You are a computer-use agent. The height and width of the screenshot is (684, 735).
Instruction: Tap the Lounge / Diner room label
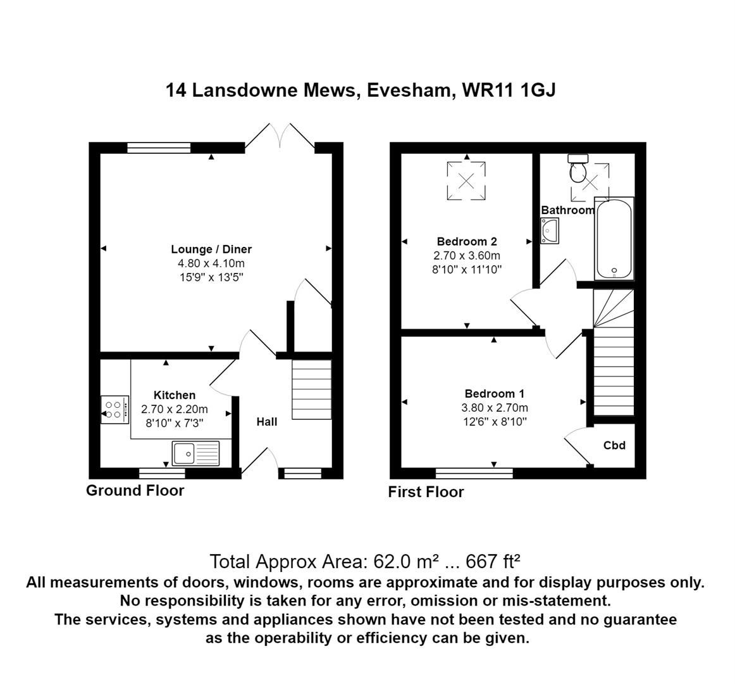click(211, 249)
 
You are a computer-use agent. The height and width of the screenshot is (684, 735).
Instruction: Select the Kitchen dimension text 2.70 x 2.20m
click(175, 409)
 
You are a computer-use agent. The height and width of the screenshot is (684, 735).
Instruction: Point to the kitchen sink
click(195, 453)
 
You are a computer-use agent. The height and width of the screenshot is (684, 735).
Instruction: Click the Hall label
click(266, 421)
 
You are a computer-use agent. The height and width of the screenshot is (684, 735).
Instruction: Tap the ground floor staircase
click(311, 389)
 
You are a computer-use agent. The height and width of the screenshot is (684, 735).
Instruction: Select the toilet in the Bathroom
click(578, 169)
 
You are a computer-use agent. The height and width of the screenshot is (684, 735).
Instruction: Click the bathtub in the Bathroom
click(614, 239)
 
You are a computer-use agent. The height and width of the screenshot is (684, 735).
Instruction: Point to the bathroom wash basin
click(549, 231)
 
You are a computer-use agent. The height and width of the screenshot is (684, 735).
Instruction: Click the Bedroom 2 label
click(467, 241)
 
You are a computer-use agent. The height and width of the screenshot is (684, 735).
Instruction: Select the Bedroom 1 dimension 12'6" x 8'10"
click(494, 421)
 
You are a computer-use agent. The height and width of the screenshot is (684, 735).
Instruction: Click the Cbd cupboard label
click(614, 445)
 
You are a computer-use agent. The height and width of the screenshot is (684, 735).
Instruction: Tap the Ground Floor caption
click(135, 490)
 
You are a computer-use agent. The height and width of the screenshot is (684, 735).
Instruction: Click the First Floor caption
click(426, 492)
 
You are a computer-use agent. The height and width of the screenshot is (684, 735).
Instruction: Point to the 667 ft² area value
click(493, 561)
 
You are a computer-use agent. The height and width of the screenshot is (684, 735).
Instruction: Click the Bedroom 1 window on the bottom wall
click(474, 472)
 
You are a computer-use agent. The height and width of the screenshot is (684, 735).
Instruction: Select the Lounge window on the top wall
click(159, 148)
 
